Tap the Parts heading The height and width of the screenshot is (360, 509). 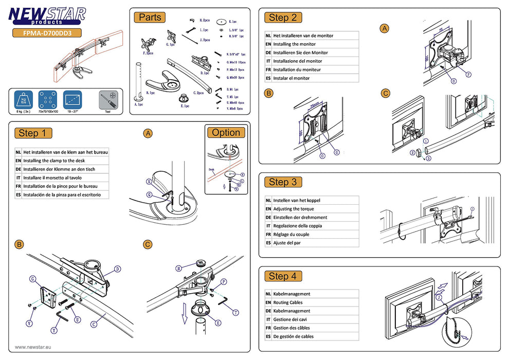click(x=150, y=17)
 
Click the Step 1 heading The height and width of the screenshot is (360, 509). click(x=34, y=133)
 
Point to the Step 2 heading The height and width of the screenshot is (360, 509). click(x=282, y=17)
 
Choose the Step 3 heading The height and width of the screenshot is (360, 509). click(x=282, y=182)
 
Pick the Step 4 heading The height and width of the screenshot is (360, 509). click(x=282, y=276)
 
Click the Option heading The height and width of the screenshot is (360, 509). click(x=226, y=133)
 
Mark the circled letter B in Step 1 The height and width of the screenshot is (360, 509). click(x=19, y=244)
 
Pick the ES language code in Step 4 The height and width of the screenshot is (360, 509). click(x=268, y=336)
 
